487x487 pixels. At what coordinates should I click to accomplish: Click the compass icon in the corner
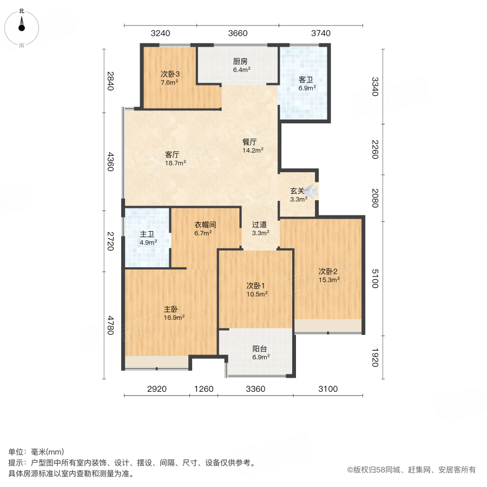pyautogui.click(x=22, y=25)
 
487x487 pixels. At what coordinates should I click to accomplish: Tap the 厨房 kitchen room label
pyautogui.click(x=240, y=61)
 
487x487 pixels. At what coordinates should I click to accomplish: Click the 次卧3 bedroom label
pyautogui.click(x=169, y=74)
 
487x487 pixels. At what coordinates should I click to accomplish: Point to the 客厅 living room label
pyautogui.click(x=173, y=154)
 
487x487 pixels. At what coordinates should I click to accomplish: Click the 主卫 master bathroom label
pyautogui.click(x=148, y=234)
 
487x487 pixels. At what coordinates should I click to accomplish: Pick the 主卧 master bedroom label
pyautogui.click(x=171, y=309)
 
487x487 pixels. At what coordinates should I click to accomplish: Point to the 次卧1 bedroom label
pyautogui.click(x=256, y=286)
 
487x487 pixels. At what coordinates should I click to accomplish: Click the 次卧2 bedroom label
pyautogui.click(x=328, y=271)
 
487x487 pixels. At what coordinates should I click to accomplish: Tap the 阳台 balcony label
pyautogui.click(x=260, y=349)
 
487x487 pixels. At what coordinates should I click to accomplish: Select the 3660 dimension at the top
pyautogui.click(x=238, y=33)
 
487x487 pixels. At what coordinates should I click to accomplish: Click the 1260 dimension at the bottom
pyautogui.click(x=204, y=389)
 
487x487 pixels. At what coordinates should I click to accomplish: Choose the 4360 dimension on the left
pyautogui.click(x=110, y=162)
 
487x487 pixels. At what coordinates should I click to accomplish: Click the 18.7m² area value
pyautogui.click(x=175, y=162)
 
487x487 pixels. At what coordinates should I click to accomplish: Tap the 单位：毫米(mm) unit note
pyautogui.click(x=36, y=452)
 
